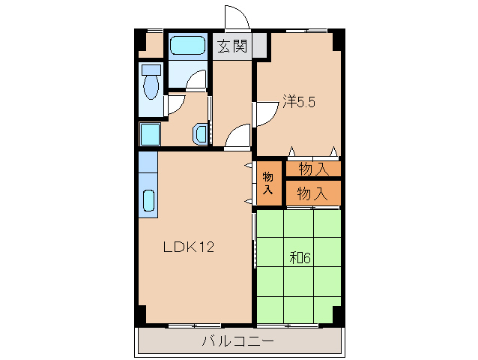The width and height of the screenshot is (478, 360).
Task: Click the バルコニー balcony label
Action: tap(238, 342)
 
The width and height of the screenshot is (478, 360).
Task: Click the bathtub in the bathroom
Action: tap(187, 45)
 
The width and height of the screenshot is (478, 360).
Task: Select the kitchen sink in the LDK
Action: tap(148, 202)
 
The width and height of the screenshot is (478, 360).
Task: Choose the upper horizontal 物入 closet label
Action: tap(312, 169)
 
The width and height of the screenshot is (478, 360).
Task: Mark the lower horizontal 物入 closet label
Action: tap(312, 193)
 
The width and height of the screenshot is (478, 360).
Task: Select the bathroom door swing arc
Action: tap(196, 80)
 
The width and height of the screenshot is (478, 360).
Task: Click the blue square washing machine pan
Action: tap(150, 135)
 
